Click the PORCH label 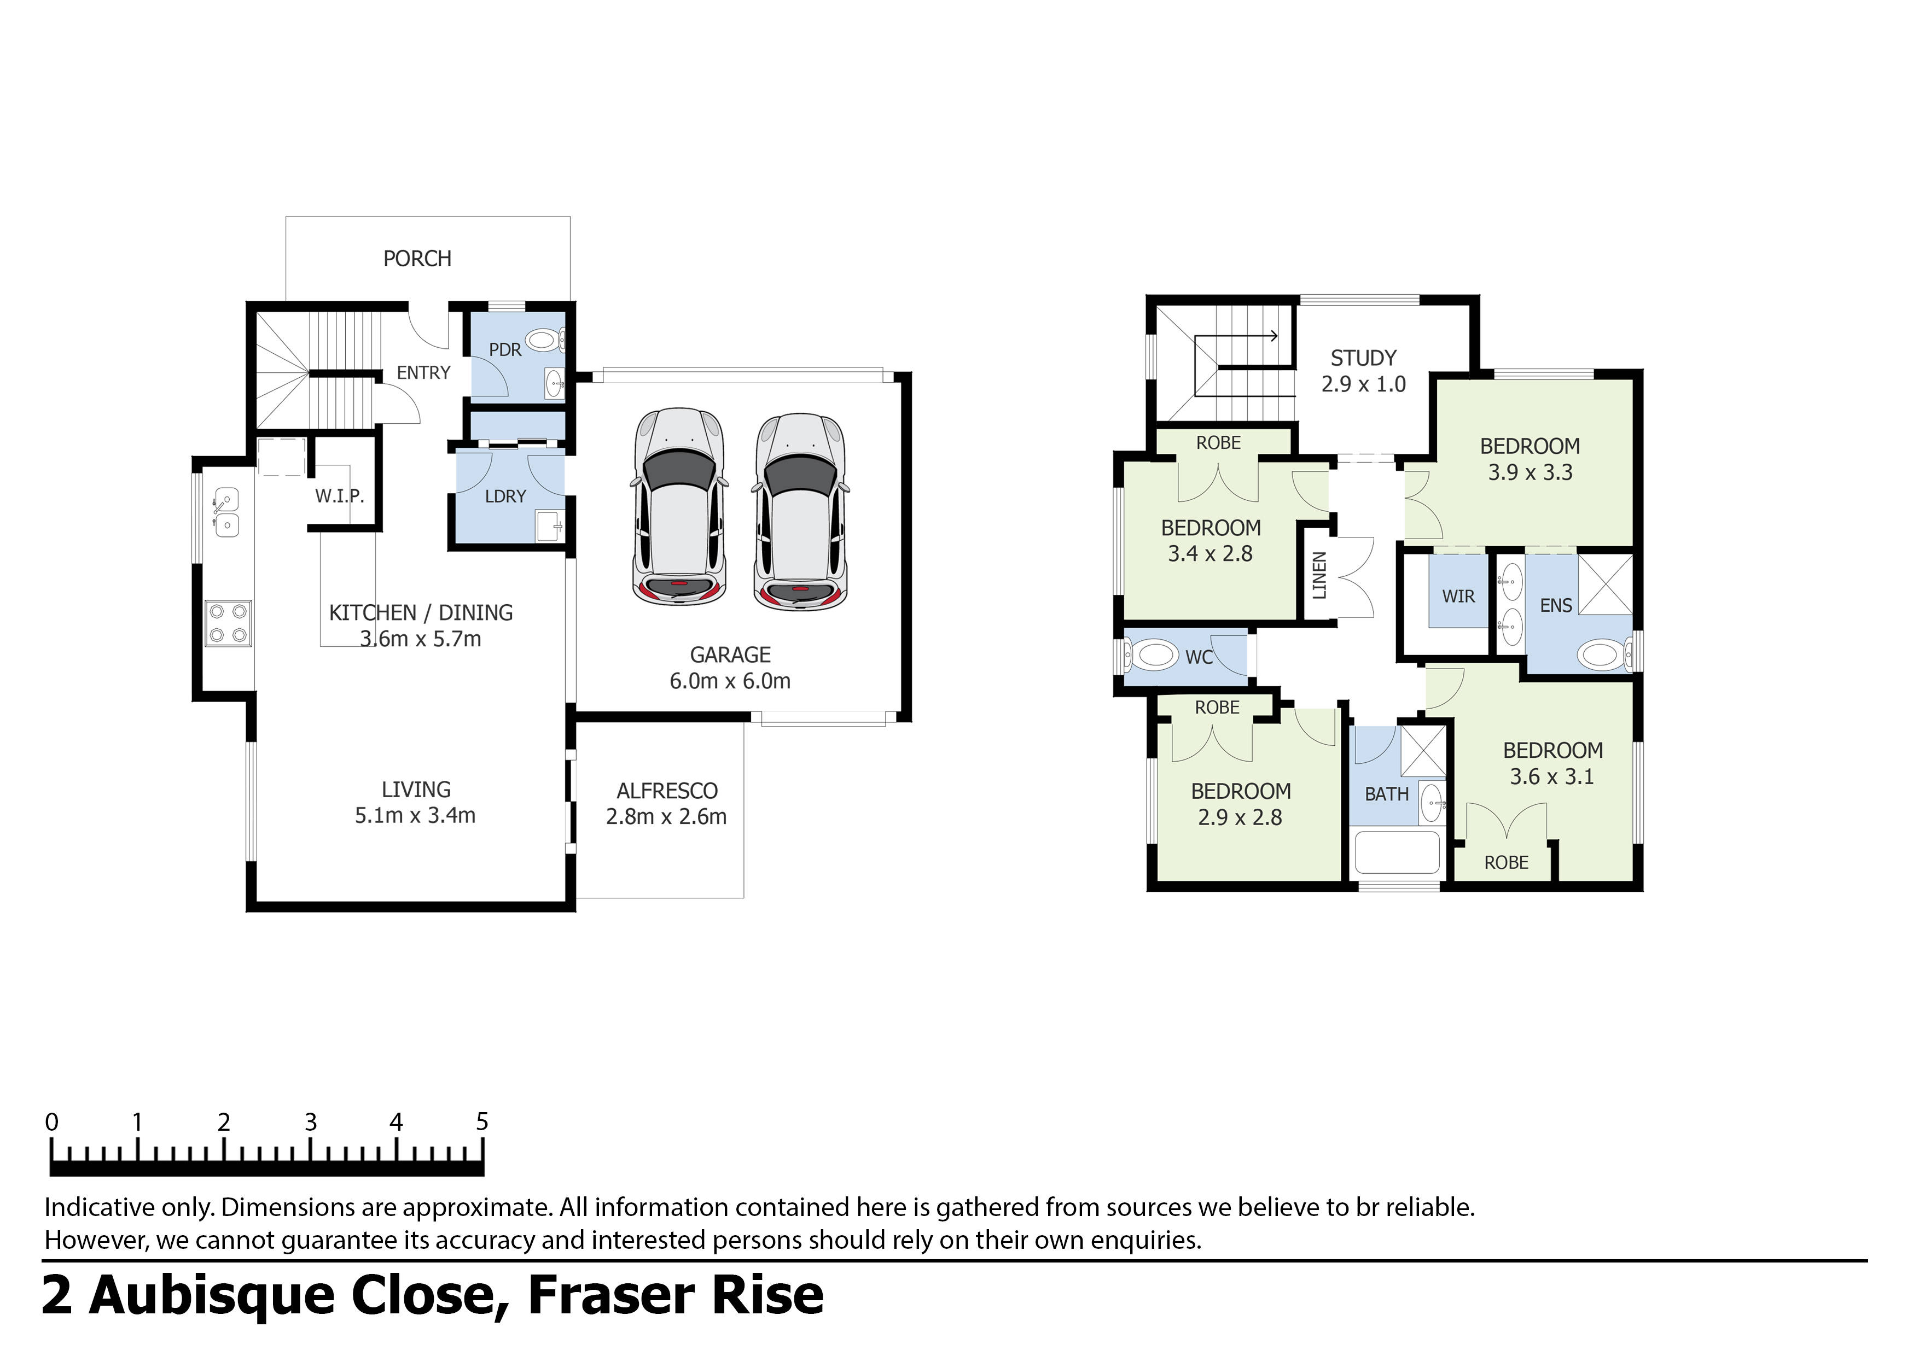click(417, 259)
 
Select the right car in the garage click(800, 511)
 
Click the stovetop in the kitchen click(228, 623)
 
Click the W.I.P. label click(339, 496)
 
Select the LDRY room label click(505, 496)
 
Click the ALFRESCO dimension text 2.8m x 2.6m click(666, 816)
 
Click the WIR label click(1458, 597)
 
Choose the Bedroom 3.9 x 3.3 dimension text click(1530, 473)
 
